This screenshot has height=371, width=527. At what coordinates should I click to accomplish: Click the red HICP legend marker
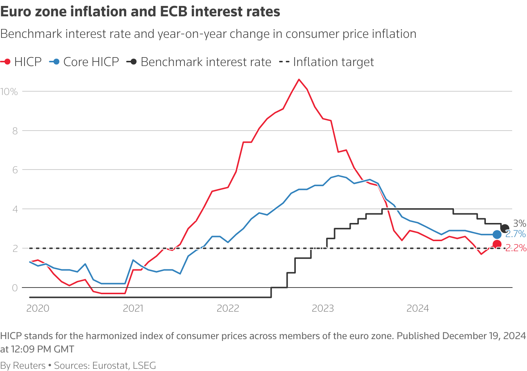tap(7, 62)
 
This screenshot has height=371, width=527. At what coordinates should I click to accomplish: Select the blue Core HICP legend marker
tap(56, 62)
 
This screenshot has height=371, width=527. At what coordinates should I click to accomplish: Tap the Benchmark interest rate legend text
tap(206, 62)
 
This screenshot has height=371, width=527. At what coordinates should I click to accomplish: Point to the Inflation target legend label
tap(333, 62)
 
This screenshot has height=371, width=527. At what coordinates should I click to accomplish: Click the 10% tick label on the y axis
tap(9, 92)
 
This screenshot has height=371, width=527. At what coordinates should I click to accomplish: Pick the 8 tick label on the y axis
tap(15, 131)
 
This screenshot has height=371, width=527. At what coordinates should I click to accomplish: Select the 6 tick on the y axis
tap(15, 170)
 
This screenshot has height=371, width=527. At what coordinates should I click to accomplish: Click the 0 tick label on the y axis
tap(15, 288)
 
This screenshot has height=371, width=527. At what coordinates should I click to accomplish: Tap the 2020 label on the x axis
tap(37, 308)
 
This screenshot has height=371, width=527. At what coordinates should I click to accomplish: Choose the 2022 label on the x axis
tap(228, 308)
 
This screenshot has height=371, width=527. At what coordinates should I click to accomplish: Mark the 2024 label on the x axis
tap(418, 308)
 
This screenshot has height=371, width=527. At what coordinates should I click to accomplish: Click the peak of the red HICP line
tap(299, 79)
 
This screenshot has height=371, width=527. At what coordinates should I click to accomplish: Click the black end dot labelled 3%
tap(505, 229)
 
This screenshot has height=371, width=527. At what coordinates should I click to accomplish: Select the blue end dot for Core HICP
tap(497, 234)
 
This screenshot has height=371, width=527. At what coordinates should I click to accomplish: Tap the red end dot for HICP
tap(497, 244)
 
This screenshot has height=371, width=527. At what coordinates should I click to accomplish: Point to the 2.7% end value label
tap(515, 234)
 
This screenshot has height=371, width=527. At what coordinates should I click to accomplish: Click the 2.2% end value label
tap(516, 248)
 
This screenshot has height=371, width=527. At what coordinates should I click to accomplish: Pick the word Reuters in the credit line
tap(29, 365)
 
